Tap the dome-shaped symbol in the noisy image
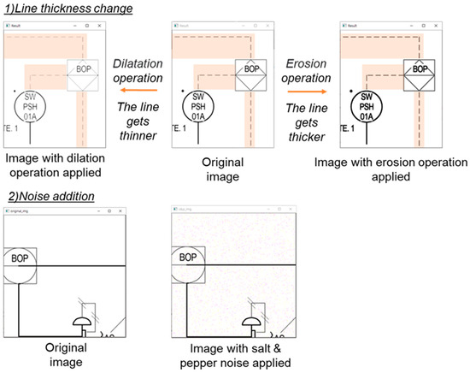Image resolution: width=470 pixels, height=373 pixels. pyautogui.click(x=252, y=323)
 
